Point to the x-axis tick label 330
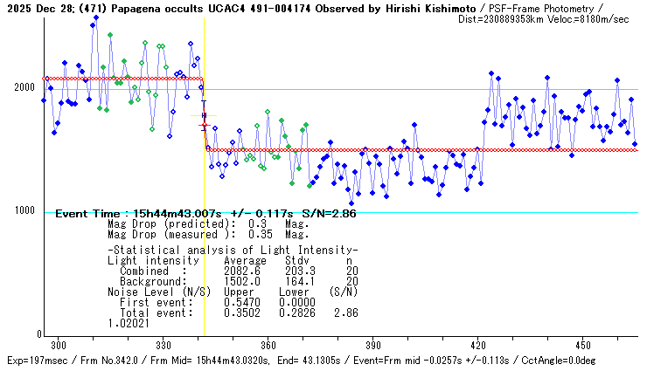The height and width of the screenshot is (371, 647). pos(163,346)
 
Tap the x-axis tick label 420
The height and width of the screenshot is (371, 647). pos(478,346)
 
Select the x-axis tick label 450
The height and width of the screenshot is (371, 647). pos(583,346)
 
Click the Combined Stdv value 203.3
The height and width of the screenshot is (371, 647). pos(297,271)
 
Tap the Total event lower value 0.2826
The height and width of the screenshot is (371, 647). pos(297,312)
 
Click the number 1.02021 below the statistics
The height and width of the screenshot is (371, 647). pos(126,322)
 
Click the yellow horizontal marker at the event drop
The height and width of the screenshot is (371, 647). pos(204,115)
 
